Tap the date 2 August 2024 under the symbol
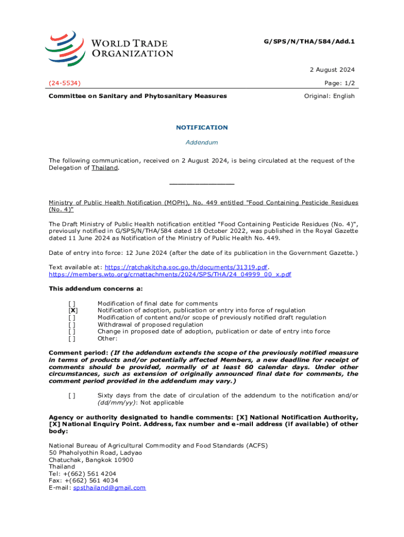[332, 70]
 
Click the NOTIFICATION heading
[202, 127]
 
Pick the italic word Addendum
[202, 142]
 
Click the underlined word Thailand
[105, 168]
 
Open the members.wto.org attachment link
[170, 274]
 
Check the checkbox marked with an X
[72, 310]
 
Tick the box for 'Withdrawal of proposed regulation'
[72, 325]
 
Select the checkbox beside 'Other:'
[72, 339]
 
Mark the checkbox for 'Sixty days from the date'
[72, 395]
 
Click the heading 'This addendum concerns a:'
[95, 288]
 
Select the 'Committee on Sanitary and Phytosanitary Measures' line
[138, 96]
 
